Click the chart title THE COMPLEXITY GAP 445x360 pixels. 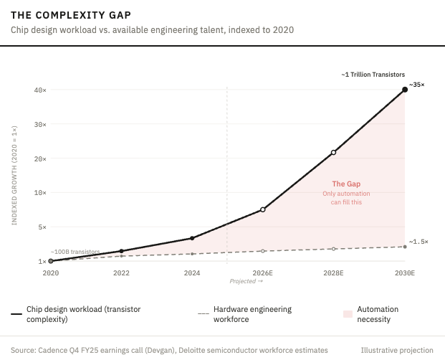click(x=71, y=14)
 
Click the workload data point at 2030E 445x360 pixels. click(x=405, y=90)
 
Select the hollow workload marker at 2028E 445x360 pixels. click(x=334, y=152)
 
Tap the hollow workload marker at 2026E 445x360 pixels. click(x=263, y=209)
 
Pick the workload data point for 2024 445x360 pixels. click(x=192, y=238)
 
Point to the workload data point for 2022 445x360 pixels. click(x=121, y=251)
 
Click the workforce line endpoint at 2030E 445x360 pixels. click(x=405, y=247)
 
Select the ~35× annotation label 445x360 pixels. click(x=417, y=85)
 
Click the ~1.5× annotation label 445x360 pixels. click(x=418, y=242)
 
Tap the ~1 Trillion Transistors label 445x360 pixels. click(x=373, y=74)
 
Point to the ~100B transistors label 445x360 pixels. click(x=75, y=252)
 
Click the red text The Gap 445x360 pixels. click(x=342, y=184)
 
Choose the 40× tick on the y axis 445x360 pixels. click(x=39, y=90)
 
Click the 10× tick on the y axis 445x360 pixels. click(x=39, y=193)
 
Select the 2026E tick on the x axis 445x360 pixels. click(x=263, y=273)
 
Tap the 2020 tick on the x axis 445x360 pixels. click(x=50, y=273)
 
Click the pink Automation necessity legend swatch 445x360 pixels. click(x=348, y=314)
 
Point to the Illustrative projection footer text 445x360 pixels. click(x=397, y=350)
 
